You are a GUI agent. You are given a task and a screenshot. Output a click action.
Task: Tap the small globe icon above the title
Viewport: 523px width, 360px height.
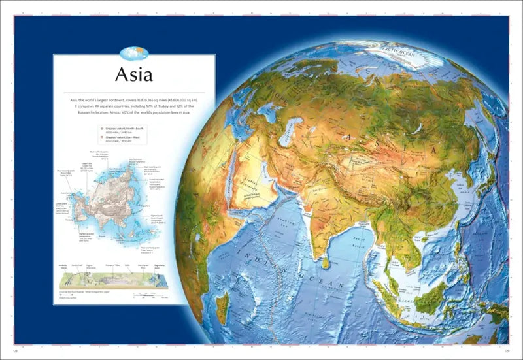click(x=133, y=52)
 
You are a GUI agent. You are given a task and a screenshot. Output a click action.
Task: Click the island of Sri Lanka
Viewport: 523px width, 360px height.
click(x=326, y=262)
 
